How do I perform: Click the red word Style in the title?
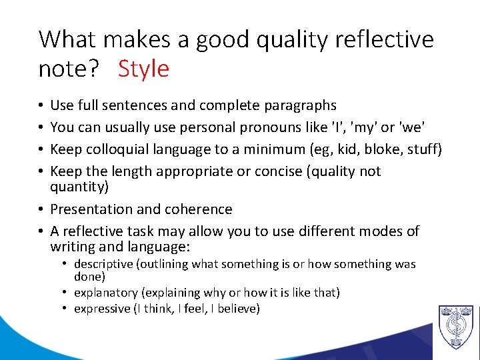(143, 69)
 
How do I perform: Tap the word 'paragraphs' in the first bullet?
(303, 105)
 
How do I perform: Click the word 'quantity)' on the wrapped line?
(79, 187)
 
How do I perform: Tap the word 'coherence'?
(200, 209)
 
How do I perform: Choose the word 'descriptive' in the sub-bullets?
(103, 265)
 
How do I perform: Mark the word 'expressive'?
(101, 309)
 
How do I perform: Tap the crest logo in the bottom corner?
(456, 327)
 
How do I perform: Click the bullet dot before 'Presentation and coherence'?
(42, 209)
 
